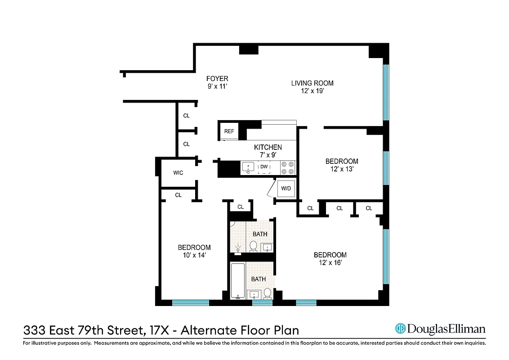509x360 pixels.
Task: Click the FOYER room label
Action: (217, 79)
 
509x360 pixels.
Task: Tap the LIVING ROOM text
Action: (312, 83)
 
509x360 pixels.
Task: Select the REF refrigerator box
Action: (229, 131)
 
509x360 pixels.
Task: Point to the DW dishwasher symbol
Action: (264, 167)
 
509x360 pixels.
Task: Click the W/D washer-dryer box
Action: (286, 188)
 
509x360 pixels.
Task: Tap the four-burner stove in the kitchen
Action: (288, 167)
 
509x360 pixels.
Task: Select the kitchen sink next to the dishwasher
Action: (248, 167)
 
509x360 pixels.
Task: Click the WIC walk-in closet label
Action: (178, 173)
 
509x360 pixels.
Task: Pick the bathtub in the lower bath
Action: (237, 281)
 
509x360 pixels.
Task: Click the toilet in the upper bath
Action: (253, 246)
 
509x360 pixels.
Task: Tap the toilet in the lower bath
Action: (268, 293)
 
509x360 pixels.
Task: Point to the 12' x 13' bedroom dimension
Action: (342, 170)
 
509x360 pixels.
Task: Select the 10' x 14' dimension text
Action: (194, 255)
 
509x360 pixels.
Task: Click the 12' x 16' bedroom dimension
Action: (330, 263)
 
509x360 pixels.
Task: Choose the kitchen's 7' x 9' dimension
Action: (268, 155)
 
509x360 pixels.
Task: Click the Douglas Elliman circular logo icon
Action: (400, 329)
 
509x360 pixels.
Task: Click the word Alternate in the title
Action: (209, 331)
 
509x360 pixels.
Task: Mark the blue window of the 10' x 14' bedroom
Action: (191, 303)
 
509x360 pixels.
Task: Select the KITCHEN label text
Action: (268, 147)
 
